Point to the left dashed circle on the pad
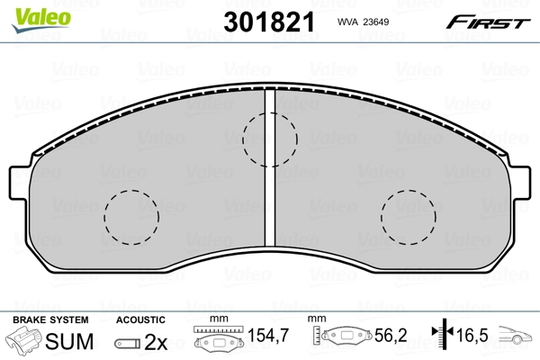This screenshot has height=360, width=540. click(132, 217)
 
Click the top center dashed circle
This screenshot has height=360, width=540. click(270, 139)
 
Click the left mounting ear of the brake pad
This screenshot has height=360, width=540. click(20, 184)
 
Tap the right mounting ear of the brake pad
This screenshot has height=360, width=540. click(521, 184)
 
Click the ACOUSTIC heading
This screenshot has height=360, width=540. click(140, 319)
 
